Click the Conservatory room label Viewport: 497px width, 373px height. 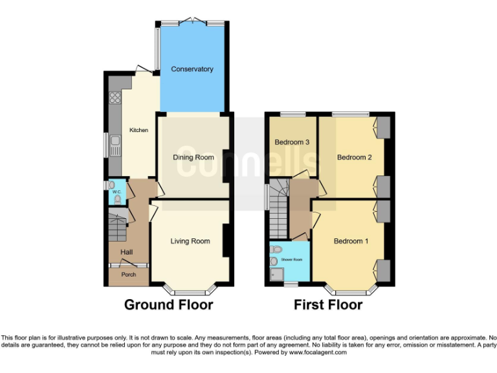pos(192,69)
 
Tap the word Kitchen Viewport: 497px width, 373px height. pos(138,130)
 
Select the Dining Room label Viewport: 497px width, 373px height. pos(193,157)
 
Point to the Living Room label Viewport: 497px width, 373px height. pos(190,242)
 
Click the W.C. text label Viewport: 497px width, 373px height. pos(117,192)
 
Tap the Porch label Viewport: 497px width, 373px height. pos(128,275)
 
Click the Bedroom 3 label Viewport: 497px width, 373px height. pos(292,142)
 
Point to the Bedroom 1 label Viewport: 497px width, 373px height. pos(351,242)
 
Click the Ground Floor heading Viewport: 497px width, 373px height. pos(168,304)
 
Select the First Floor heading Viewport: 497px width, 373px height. pos(328,304)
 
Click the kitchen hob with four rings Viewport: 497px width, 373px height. pos(116,98)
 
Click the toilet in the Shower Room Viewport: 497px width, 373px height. pos(276,249)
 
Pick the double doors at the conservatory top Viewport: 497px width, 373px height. pos(192,22)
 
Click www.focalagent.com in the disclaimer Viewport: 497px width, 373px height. pos(318,353)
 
